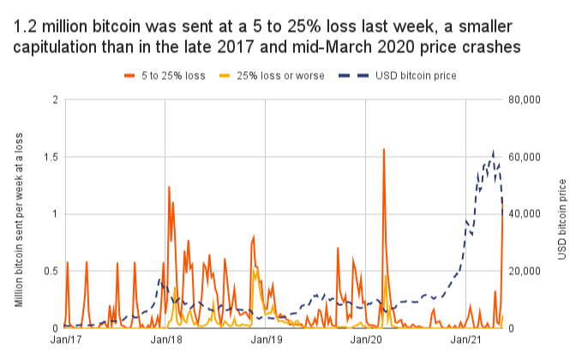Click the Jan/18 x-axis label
point(165,340)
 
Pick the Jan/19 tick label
point(266,340)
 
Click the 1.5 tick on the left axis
point(51,157)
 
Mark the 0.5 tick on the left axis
point(51,271)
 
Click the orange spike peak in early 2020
point(383,149)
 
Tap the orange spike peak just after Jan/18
point(169,187)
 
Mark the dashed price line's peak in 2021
point(493,152)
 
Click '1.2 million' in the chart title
point(53,27)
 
